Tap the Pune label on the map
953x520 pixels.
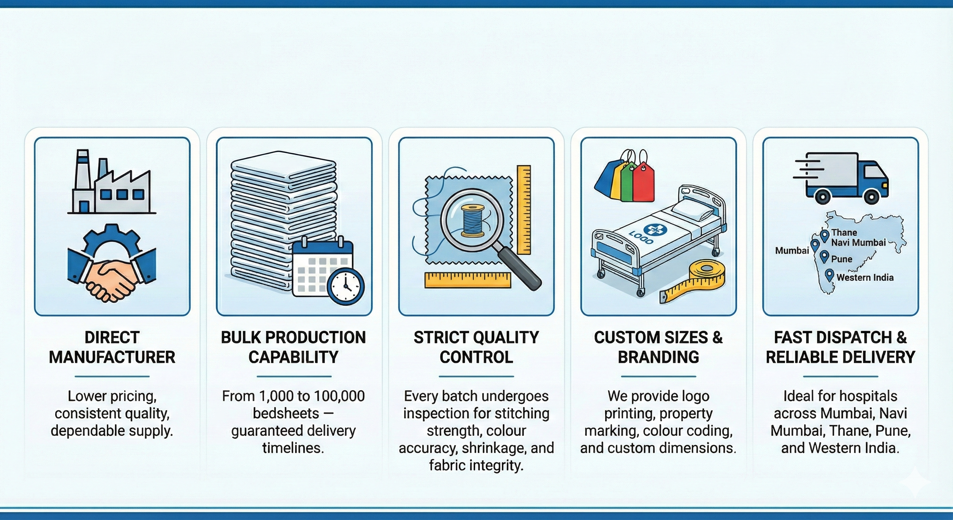(x=842, y=259)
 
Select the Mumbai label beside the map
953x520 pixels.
(x=792, y=251)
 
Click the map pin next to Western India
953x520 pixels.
(x=829, y=275)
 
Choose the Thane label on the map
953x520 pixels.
(x=844, y=233)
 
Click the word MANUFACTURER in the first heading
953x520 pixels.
(x=112, y=357)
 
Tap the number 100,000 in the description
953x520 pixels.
(x=339, y=396)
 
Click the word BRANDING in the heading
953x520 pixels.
(x=659, y=357)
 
